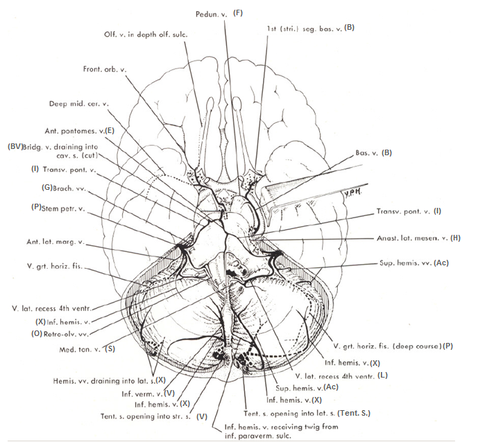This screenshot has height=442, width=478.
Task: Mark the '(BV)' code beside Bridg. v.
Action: pyautogui.click(x=14, y=147)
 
